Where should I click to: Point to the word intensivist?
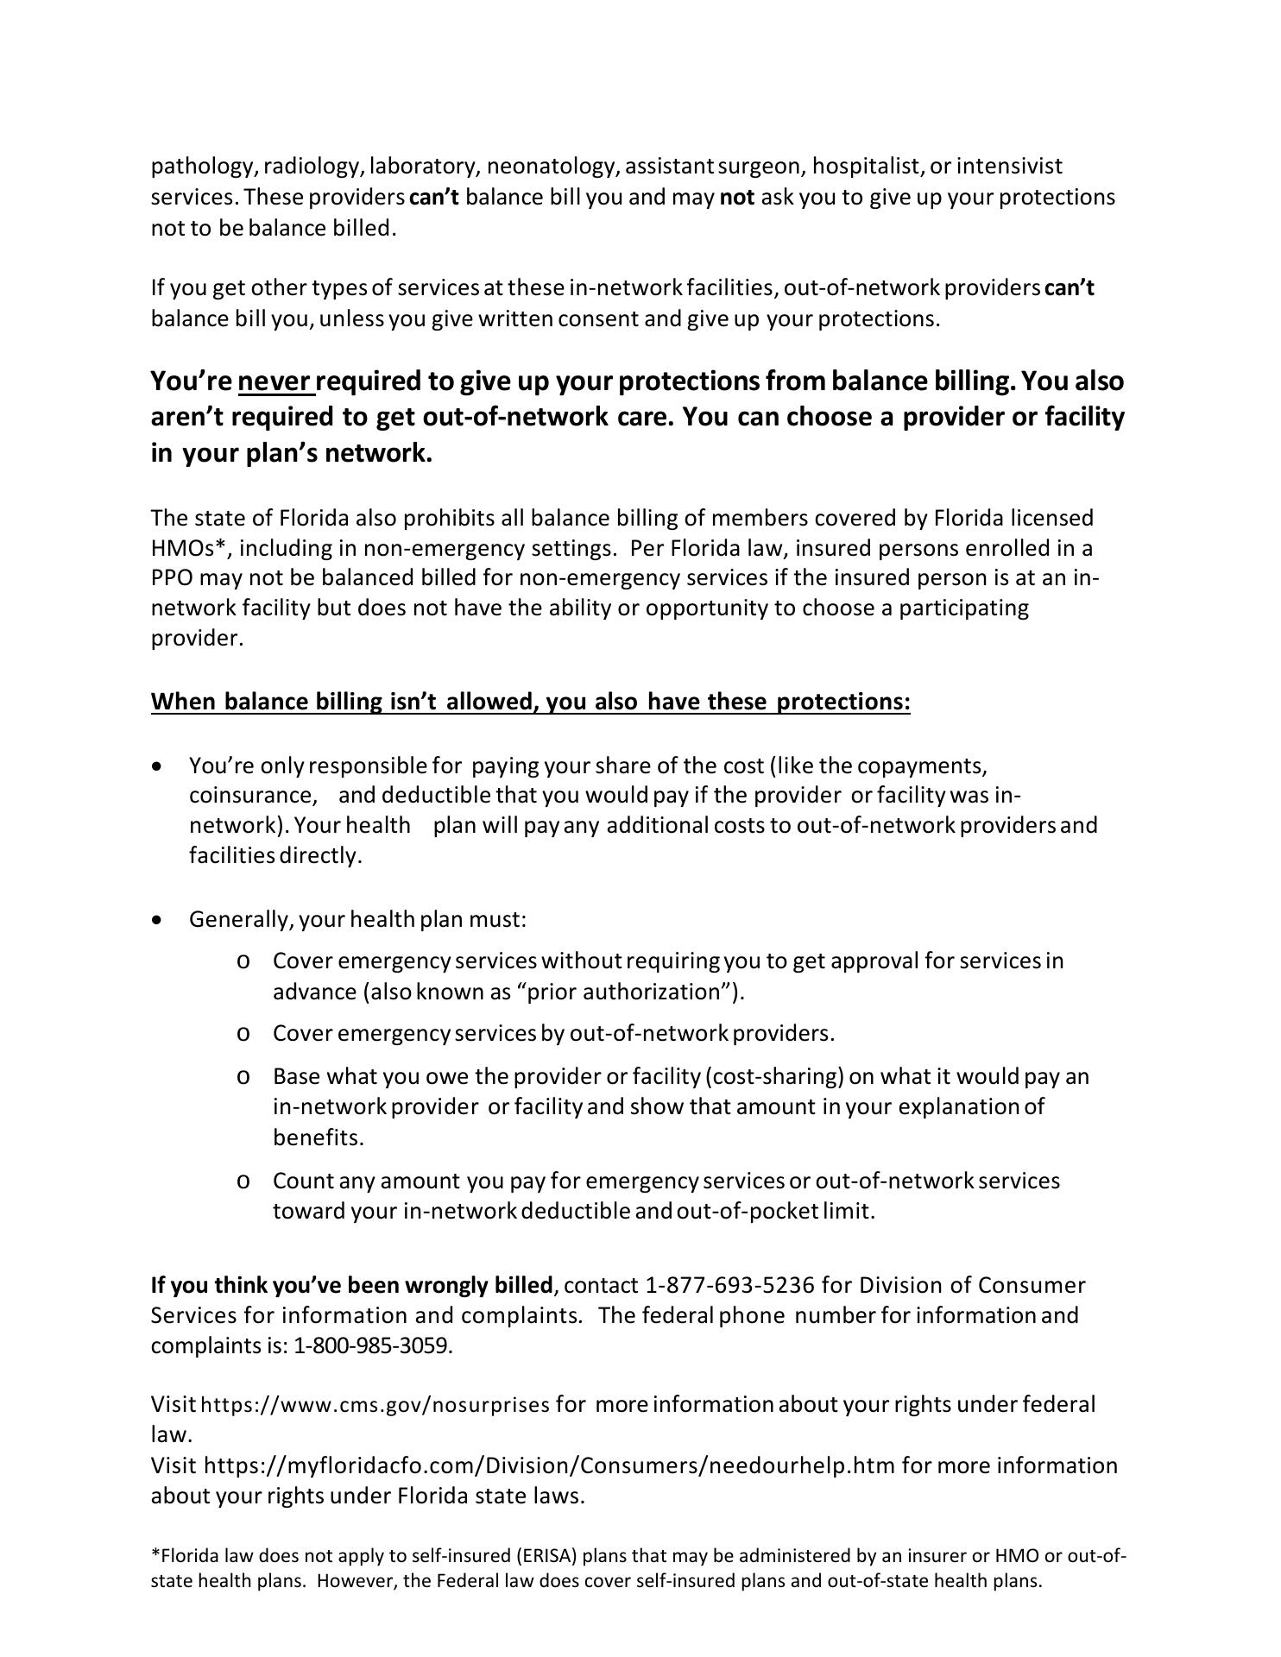1009,166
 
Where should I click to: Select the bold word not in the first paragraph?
736,197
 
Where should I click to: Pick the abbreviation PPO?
170,578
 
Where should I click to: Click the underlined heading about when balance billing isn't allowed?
530,702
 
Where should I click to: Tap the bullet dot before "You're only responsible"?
156,766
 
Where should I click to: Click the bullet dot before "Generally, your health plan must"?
156,920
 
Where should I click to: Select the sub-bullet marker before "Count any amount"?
243,1181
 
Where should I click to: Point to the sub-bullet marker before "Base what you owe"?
243,1077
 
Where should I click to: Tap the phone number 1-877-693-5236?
729,1286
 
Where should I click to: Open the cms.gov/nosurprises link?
375,1405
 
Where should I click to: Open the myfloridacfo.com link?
550,1465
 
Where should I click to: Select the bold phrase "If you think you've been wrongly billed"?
351,1286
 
